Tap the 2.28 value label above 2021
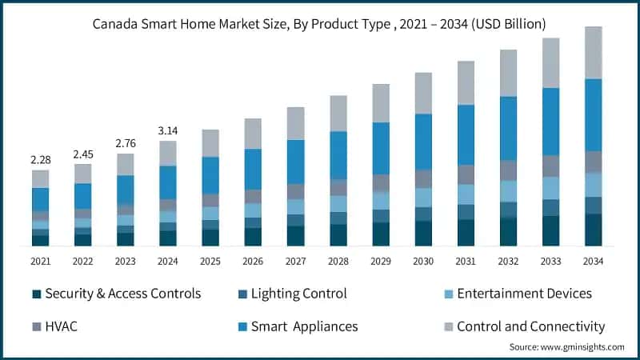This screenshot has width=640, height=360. [x=40, y=160]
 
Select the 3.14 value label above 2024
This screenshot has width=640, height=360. [x=167, y=130]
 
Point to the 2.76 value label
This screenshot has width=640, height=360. [x=125, y=143]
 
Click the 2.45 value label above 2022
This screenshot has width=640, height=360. [x=82, y=154]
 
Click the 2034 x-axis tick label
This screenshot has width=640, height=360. [x=593, y=261]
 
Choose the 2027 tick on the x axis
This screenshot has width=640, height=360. [x=295, y=261]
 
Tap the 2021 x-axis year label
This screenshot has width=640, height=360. [x=40, y=261]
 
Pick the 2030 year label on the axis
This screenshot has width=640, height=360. [x=423, y=261]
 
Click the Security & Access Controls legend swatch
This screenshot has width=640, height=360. [x=36, y=294]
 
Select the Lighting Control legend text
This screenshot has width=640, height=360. [x=298, y=294]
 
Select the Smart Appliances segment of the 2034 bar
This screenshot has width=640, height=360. [x=593, y=114]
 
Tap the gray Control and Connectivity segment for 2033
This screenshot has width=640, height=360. [x=550, y=62]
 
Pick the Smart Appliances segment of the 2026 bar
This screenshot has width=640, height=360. [x=253, y=169]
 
